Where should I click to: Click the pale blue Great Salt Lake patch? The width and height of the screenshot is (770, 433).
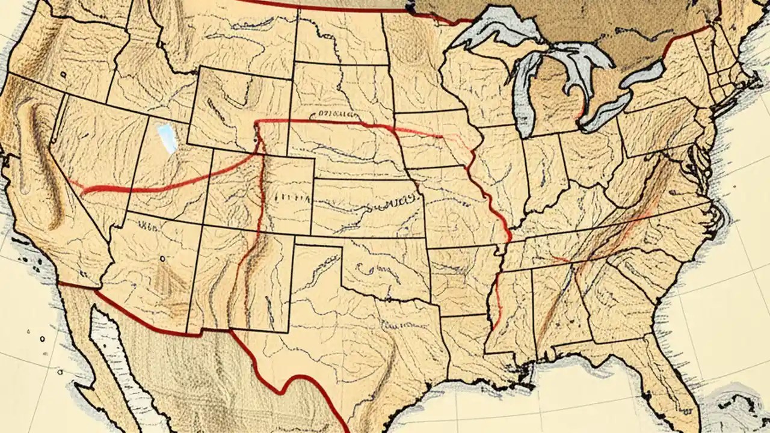(167, 138)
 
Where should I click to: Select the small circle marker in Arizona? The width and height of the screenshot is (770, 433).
(162, 259)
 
